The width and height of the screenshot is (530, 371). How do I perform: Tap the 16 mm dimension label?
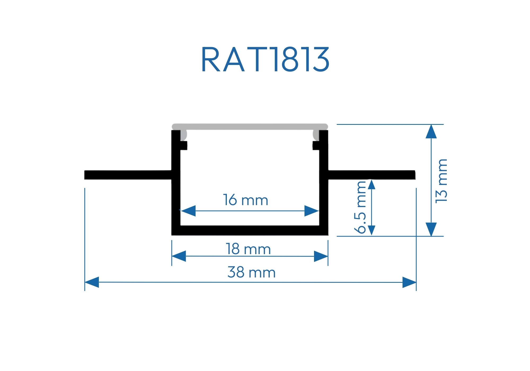click(x=245, y=200)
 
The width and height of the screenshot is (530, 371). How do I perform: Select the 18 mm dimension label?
click(x=248, y=249)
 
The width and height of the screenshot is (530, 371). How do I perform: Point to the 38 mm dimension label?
click(x=251, y=272)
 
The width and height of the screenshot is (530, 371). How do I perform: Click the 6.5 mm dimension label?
click(x=360, y=207)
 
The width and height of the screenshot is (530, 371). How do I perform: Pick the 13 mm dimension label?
click(x=441, y=181)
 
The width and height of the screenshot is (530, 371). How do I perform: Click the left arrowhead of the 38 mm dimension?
click(x=92, y=282)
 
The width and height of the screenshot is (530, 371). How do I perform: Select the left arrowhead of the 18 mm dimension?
click(x=179, y=256)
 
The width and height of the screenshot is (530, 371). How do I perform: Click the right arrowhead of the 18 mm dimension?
click(x=321, y=256)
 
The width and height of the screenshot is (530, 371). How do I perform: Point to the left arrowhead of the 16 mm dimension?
click(x=188, y=211)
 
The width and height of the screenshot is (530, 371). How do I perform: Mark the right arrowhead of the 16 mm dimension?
click(x=311, y=211)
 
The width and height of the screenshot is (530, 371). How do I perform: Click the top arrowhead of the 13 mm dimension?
click(x=431, y=132)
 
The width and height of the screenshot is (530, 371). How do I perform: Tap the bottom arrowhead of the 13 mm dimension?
click(x=431, y=229)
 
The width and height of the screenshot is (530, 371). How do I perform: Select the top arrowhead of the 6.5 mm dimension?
click(x=372, y=184)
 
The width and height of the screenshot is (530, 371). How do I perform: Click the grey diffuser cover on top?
click(x=250, y=127)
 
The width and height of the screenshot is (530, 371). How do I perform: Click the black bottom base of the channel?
click(x=250, y=231)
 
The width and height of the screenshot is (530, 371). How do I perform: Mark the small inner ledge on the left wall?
click(x=184, y=145)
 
